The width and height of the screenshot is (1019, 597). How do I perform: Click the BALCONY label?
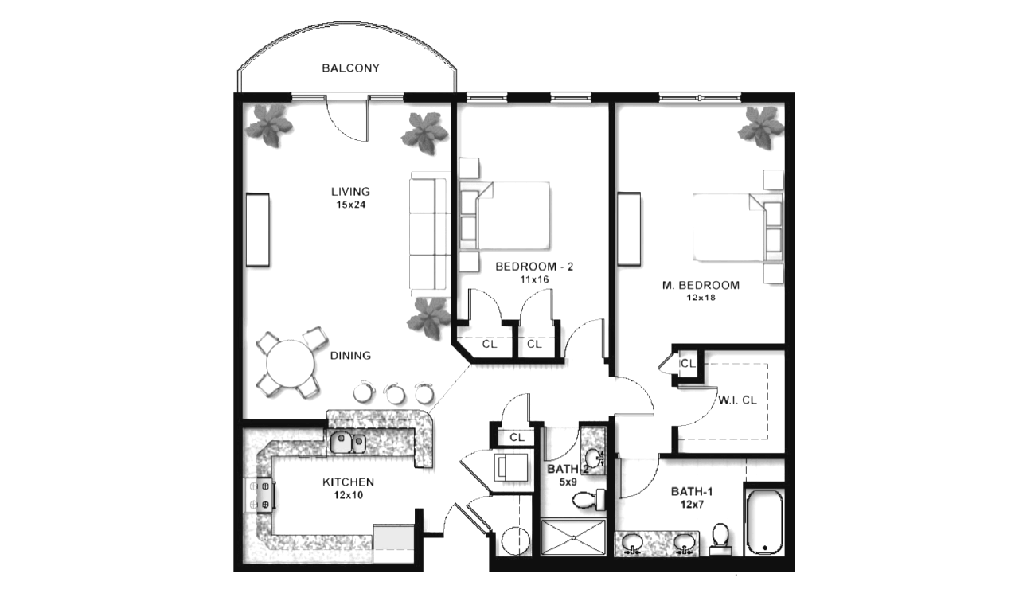coord(350,68)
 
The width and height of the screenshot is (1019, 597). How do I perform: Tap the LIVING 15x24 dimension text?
coord(351,205)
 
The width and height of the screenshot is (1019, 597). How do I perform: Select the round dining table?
coord(291,364)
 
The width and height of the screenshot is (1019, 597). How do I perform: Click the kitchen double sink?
coord(347,442)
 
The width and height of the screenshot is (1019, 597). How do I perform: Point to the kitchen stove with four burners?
coord(260,495)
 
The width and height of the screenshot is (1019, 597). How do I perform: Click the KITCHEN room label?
coord(348,482)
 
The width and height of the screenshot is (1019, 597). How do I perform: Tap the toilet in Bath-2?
coord(589,500)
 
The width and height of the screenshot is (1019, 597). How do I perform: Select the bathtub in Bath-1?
coord(765,522)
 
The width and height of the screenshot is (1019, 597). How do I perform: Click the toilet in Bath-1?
coord(720,539)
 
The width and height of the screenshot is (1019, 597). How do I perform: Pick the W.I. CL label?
coord(737,400)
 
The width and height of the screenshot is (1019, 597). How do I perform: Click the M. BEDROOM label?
coord(701,285)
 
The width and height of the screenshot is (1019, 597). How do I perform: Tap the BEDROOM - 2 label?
coord(534,267)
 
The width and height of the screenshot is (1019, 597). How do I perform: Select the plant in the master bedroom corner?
coord(760,127)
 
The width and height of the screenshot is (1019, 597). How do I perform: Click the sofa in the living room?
coord(429,233)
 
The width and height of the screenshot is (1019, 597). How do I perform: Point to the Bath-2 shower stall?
coord(573,537)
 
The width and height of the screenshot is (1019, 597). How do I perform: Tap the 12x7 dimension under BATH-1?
coord(692,504)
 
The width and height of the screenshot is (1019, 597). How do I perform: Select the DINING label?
coord(350,355)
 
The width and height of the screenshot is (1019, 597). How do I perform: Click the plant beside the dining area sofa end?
coord(428,318)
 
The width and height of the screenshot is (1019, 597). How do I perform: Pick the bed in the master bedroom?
coord(738,228)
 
